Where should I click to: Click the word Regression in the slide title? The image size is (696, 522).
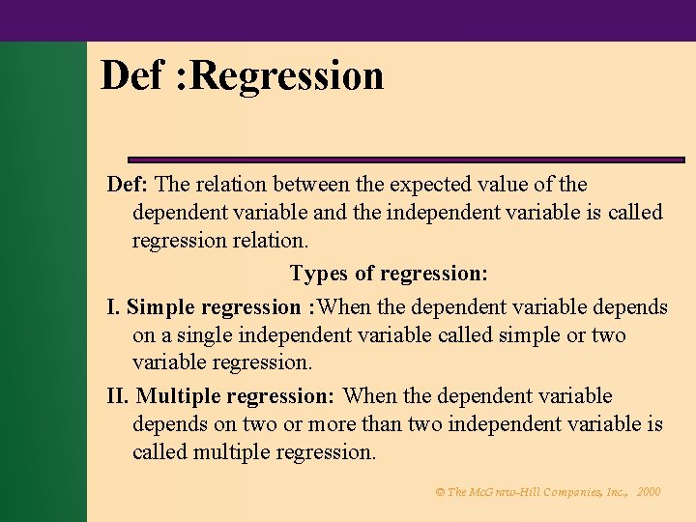(x=288, y=76)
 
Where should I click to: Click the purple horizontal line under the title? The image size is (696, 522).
(x=406, y=159)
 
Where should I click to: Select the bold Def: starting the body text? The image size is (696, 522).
(x=128, y=184)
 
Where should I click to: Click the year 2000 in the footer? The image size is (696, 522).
(x=650, y=492)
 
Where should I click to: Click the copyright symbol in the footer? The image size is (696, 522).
(x=441, y=492)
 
